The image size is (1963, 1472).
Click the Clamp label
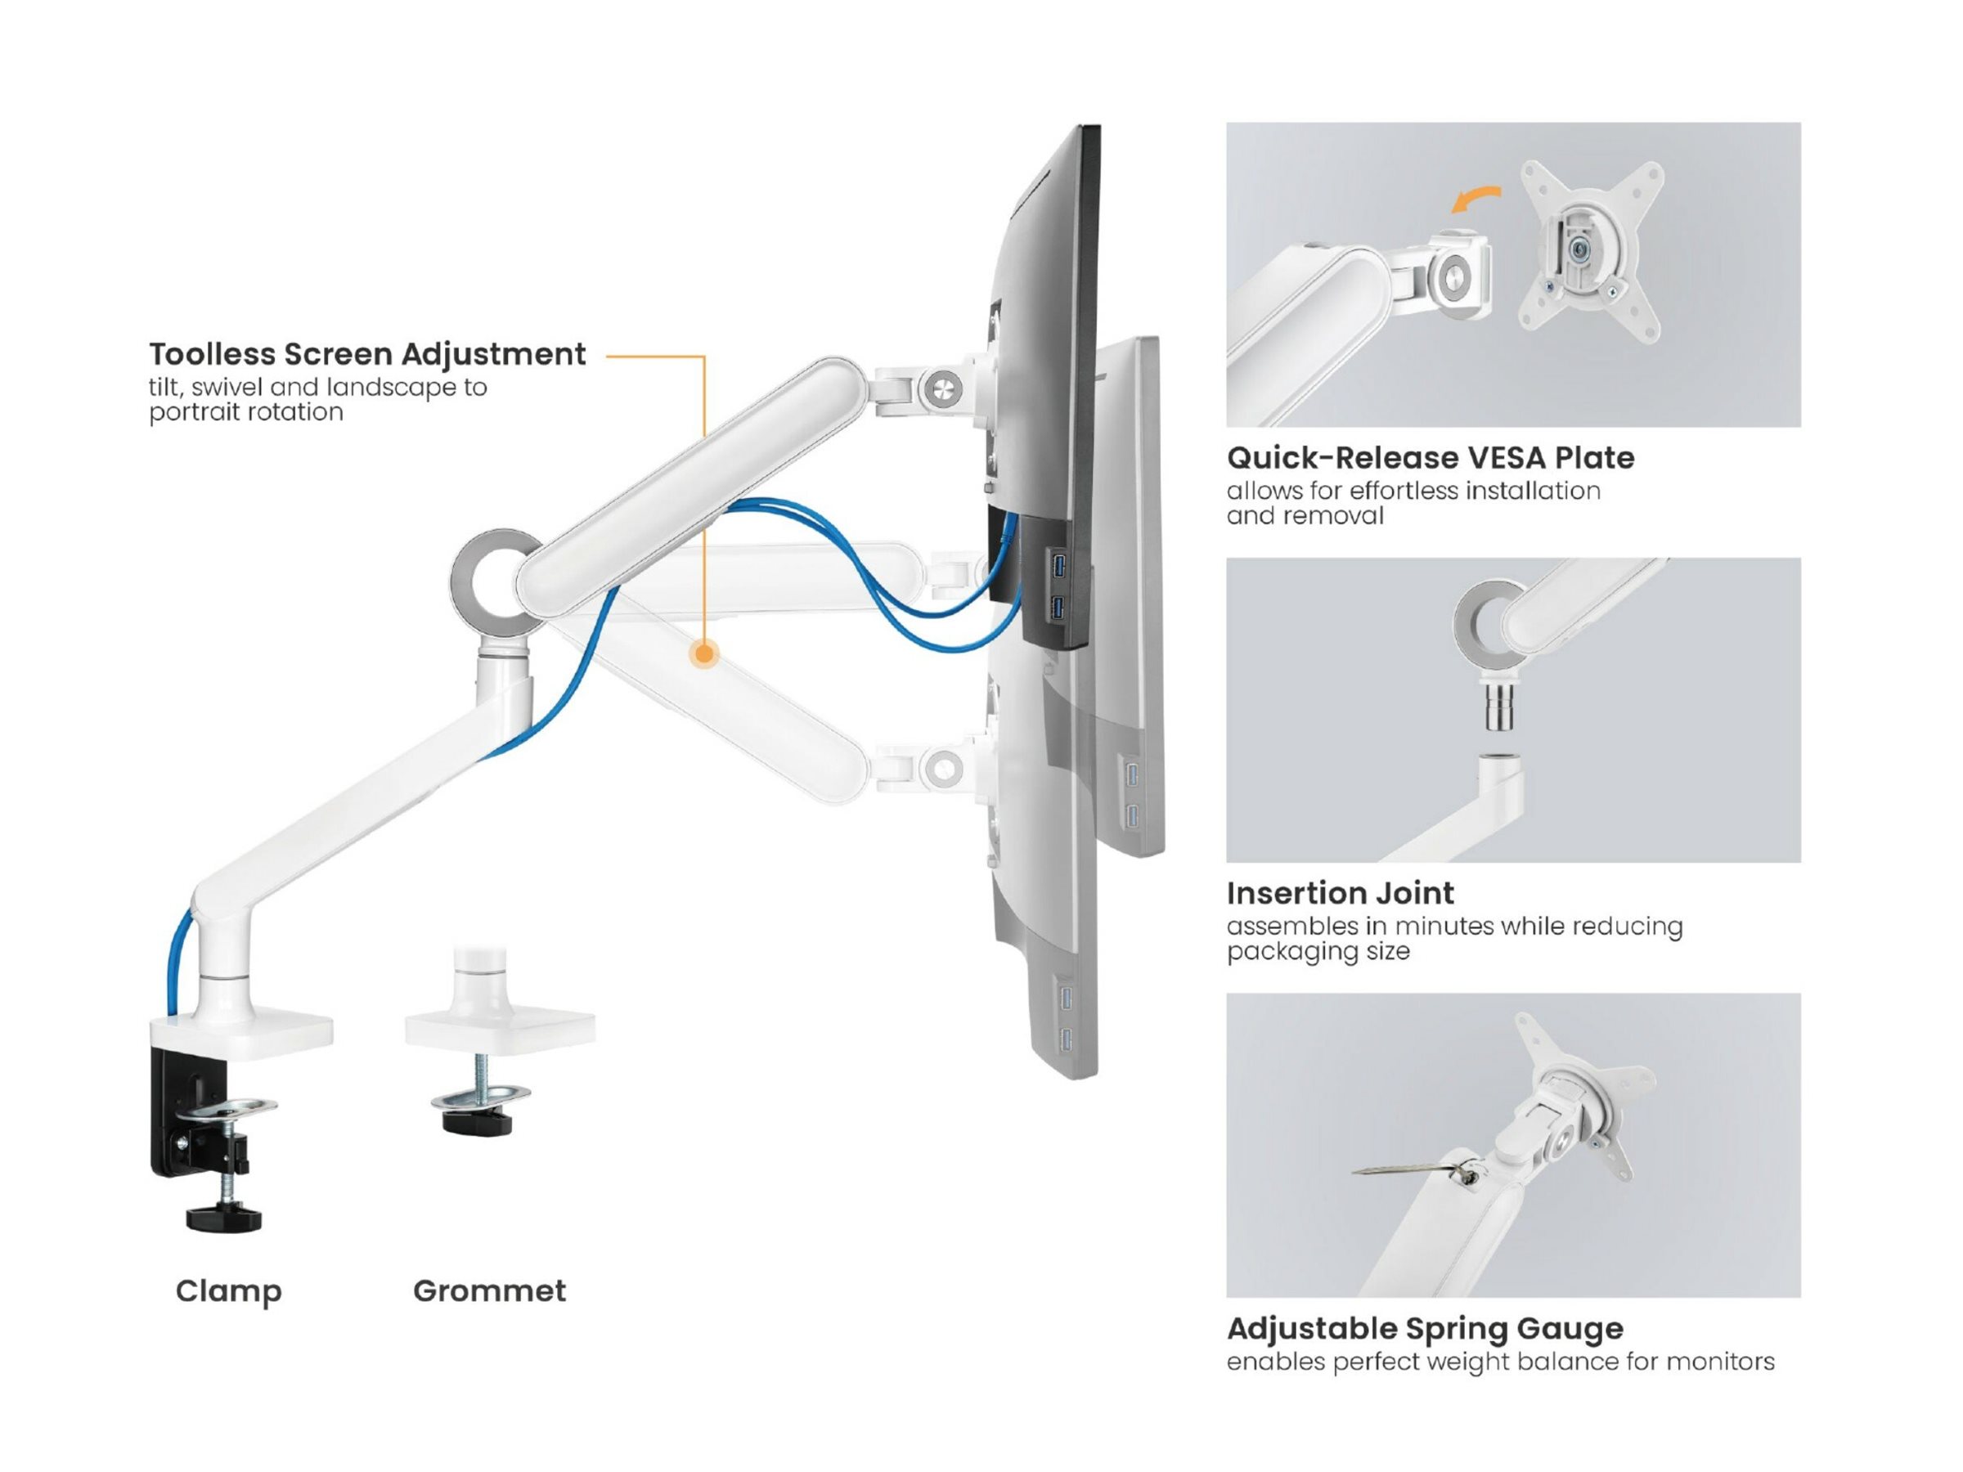coord(228,1291)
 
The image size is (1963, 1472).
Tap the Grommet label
coord(489,1291)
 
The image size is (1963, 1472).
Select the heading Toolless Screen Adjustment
coord(366,354)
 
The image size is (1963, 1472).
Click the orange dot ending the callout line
coord(704,654)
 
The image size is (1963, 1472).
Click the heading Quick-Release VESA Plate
coord(1430,458)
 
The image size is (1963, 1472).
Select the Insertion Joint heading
coord(1340,893)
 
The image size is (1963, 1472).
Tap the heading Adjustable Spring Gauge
coord(1424,1328)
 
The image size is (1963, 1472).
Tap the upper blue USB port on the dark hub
coord(1058,564)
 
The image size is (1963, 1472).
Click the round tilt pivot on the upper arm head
coord(941,388)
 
